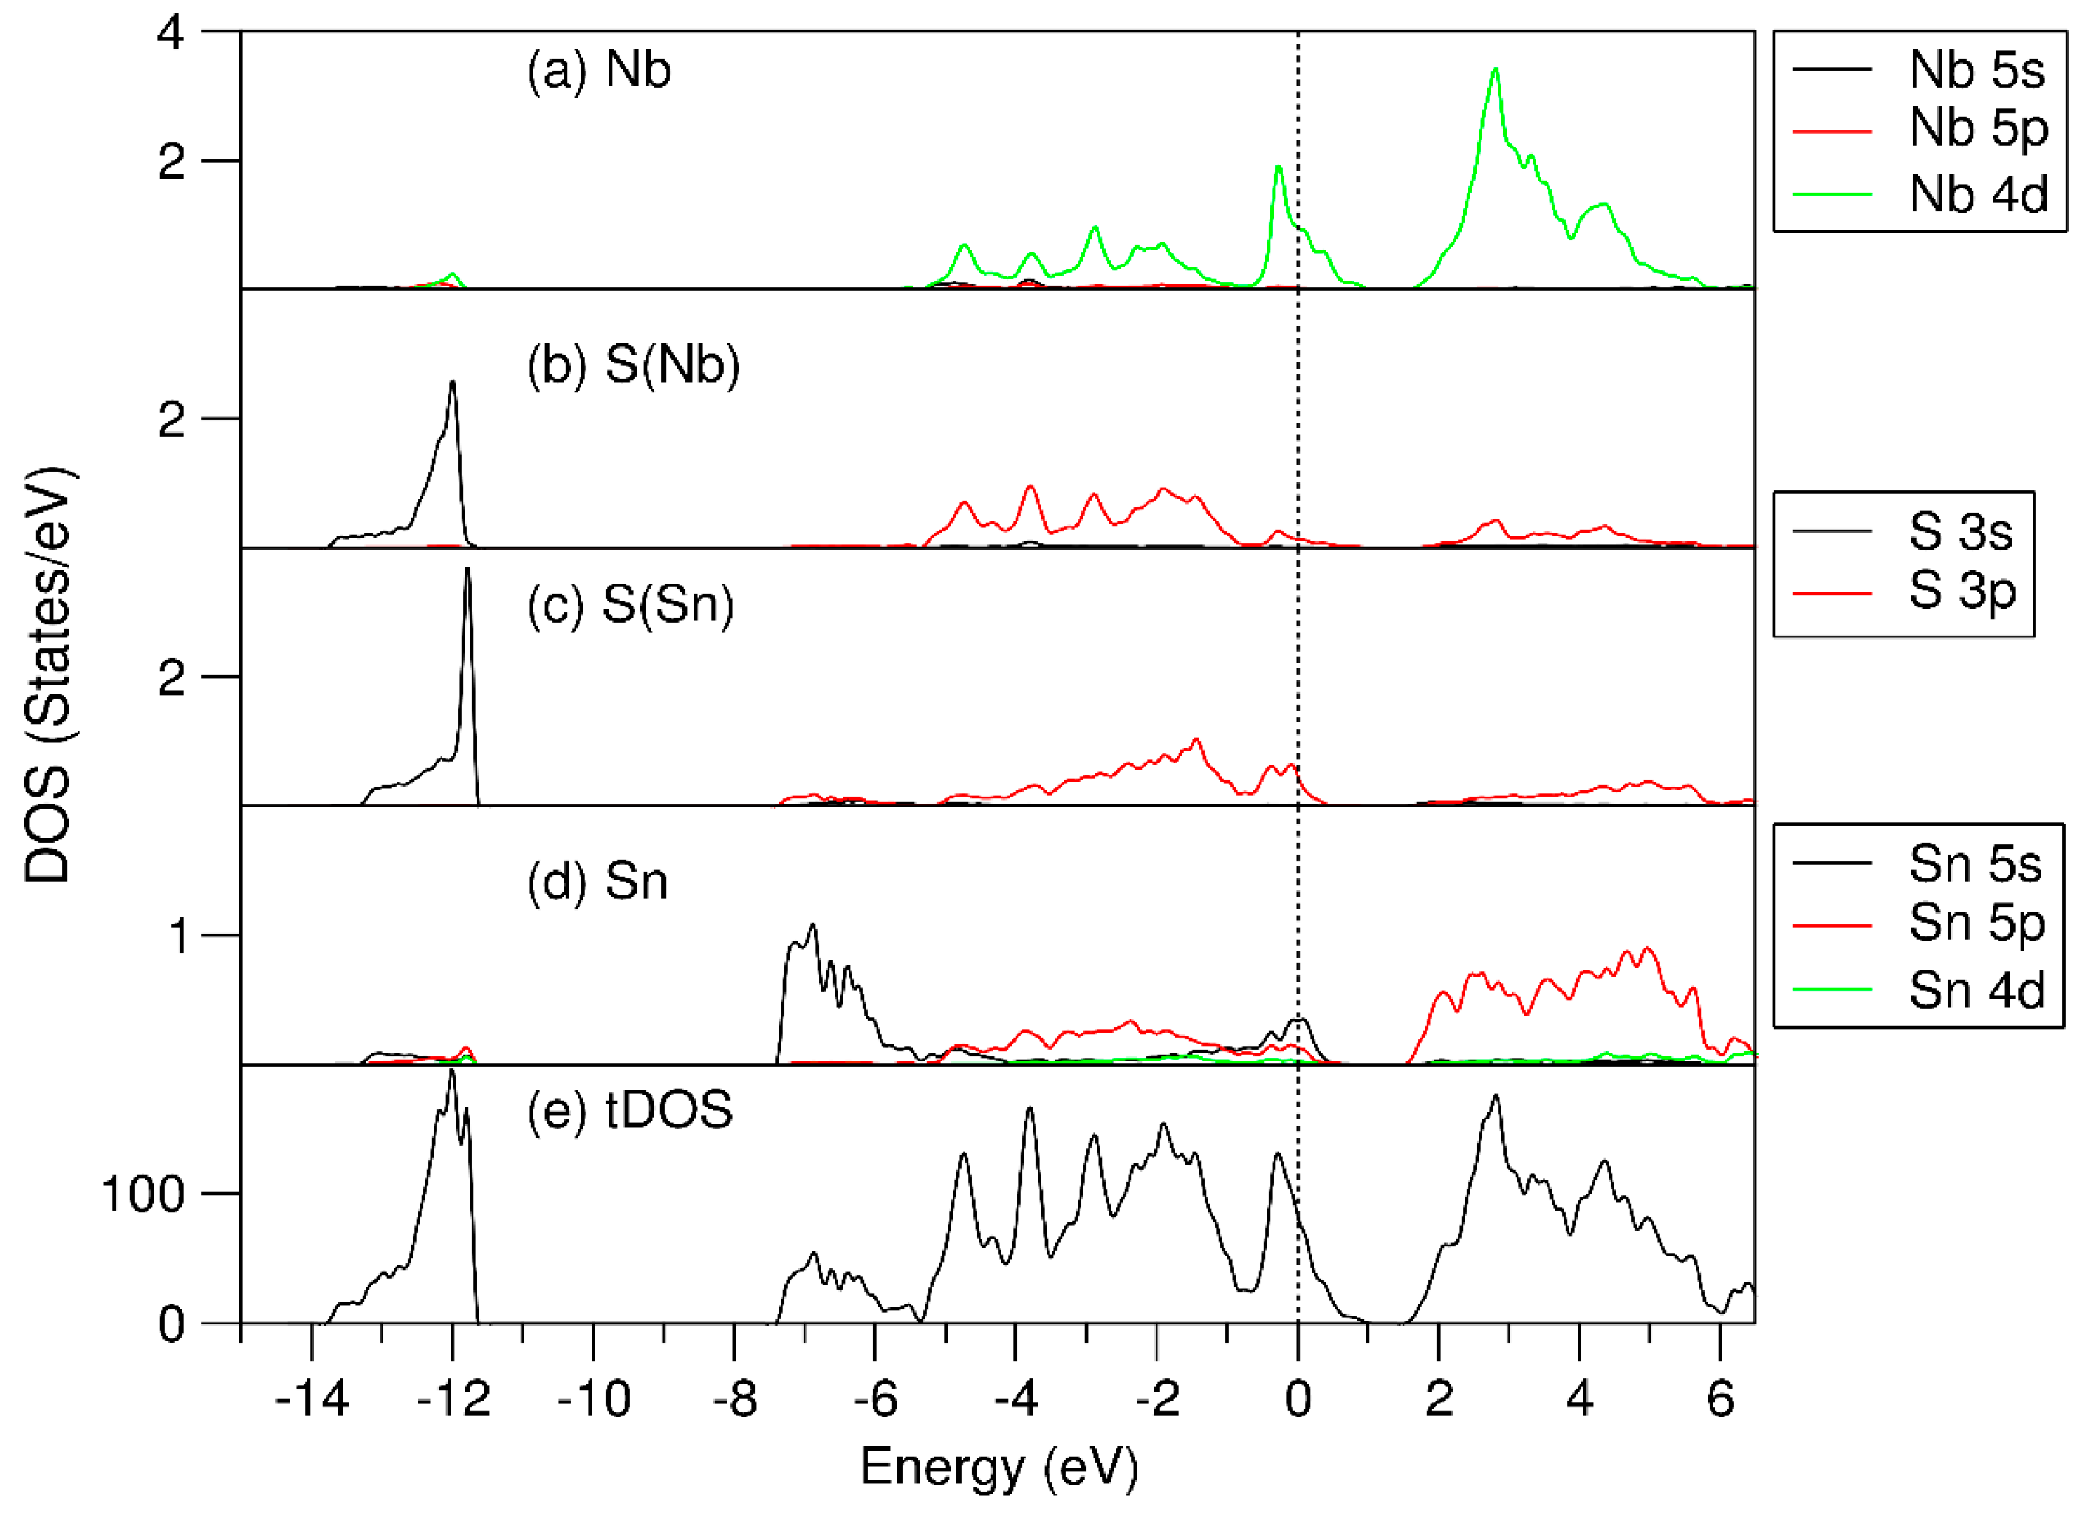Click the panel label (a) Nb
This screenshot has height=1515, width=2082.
[598, 69]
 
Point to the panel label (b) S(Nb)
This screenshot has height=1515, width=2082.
[634, 366]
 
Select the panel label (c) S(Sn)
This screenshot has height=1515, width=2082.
[631, 605]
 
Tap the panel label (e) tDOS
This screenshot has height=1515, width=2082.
[630, 1110]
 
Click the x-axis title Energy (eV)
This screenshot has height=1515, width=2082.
[998, 1466]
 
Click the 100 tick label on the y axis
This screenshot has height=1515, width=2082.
[143, 1194]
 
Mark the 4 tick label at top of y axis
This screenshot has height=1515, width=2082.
[171, 34]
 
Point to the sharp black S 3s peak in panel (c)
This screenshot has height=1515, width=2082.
[468, 570]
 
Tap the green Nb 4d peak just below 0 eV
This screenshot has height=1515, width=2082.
[1278, 168]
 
